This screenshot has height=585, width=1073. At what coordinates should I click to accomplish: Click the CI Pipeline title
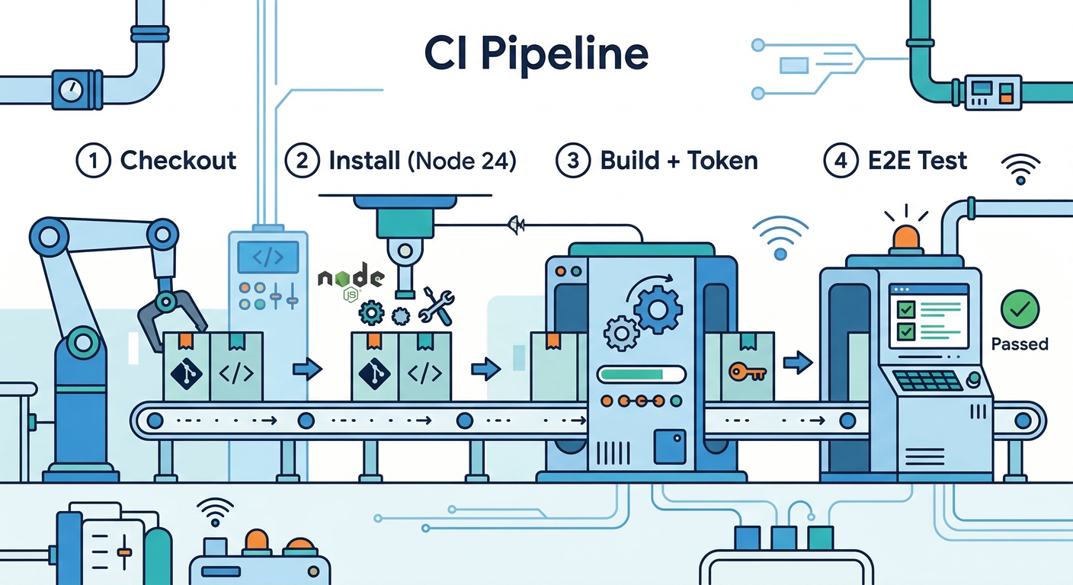[x=536, y=54]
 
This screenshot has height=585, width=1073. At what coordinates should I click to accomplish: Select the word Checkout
[x=178, y=161]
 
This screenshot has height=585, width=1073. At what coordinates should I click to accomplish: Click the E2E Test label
[x=918, y=161]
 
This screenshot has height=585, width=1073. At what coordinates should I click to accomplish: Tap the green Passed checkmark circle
[x=1019, y=308]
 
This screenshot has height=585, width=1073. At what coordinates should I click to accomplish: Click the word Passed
[x=1020, y=344]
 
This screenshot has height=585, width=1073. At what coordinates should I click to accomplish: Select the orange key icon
[x=746, y=372]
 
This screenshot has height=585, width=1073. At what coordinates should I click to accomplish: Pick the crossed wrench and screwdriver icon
[x=437, y=305]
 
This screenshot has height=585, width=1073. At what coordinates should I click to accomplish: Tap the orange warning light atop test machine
[x=905, y=236]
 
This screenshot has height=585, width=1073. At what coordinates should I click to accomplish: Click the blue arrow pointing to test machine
[x=797, y=363]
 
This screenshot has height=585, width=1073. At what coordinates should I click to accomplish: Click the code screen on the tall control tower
[x=267, y=258]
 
